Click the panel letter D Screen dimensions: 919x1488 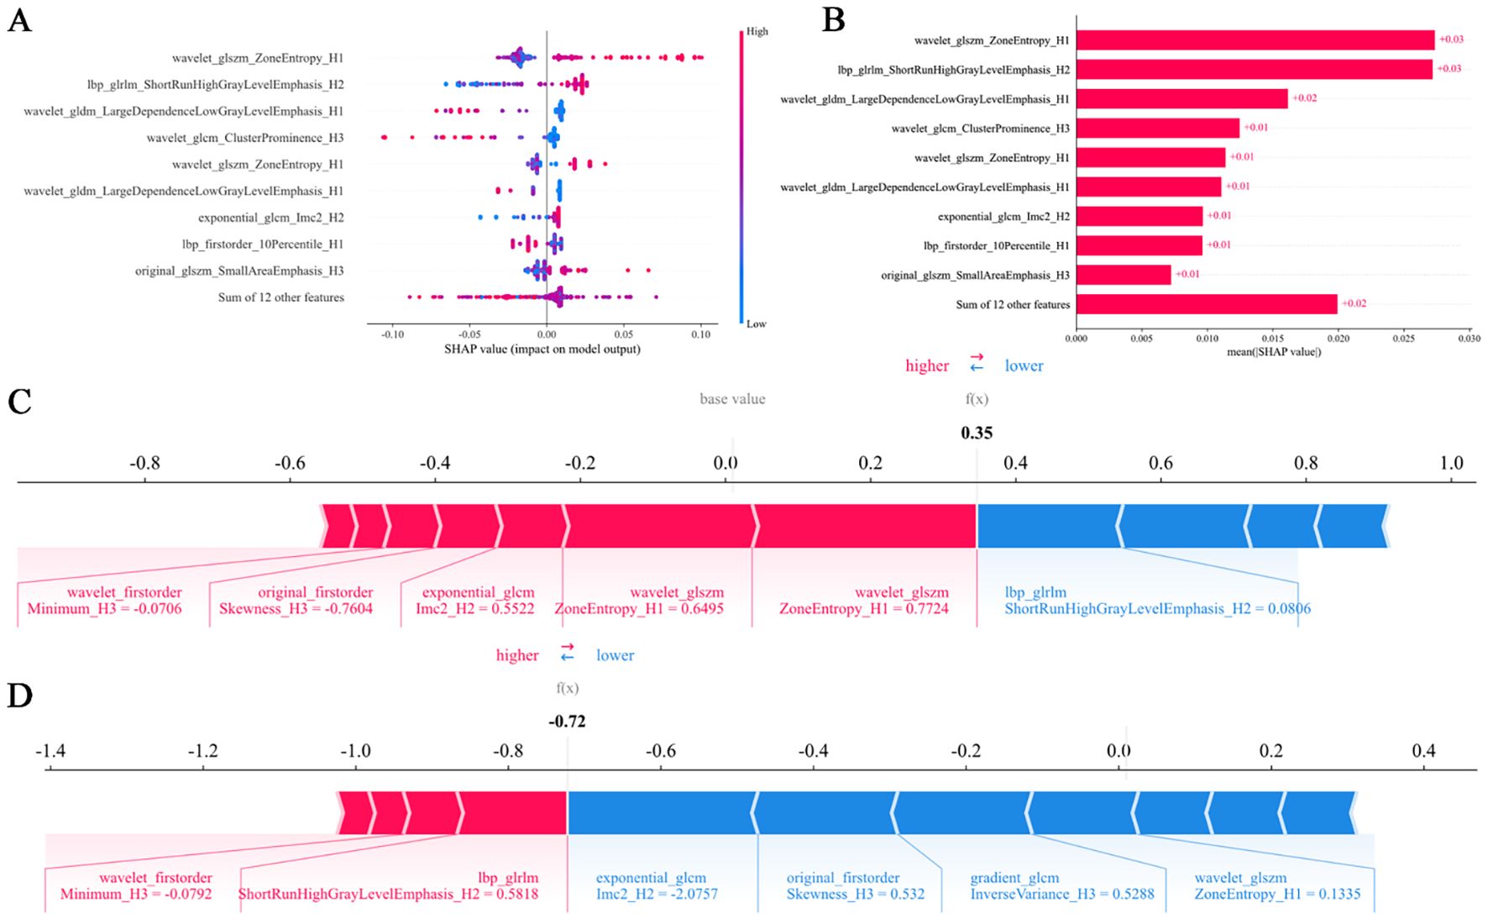tap(19, 696)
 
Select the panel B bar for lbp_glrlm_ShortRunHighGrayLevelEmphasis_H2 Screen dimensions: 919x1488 tap(1254, 69)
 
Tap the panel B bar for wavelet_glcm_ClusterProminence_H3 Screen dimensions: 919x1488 tap(1157, 128)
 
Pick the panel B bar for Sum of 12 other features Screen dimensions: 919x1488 tap(1206, 304)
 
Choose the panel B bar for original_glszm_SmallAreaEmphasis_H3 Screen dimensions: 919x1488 tap(1123, 275)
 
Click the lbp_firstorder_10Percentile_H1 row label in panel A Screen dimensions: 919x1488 tap(263, 244)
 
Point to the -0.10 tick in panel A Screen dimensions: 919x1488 tap(392, 334)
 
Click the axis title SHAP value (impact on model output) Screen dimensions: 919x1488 tap(542, 349)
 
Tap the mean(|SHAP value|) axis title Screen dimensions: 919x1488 tap(1273, 352)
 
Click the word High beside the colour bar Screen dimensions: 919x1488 tap(757, 32)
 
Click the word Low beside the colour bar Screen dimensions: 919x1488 tap(756, 324)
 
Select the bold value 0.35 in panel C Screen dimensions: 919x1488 tap(977, 433)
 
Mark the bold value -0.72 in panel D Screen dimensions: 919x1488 tap(567, 722)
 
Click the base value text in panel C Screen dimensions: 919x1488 tap(732, 399)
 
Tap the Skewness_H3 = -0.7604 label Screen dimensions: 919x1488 tap(296, 609)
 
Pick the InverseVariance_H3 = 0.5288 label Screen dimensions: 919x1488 tap(1061, 895)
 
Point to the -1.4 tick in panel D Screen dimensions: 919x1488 tap(50, 750)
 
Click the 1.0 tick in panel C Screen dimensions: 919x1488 tap(1451, 463)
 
